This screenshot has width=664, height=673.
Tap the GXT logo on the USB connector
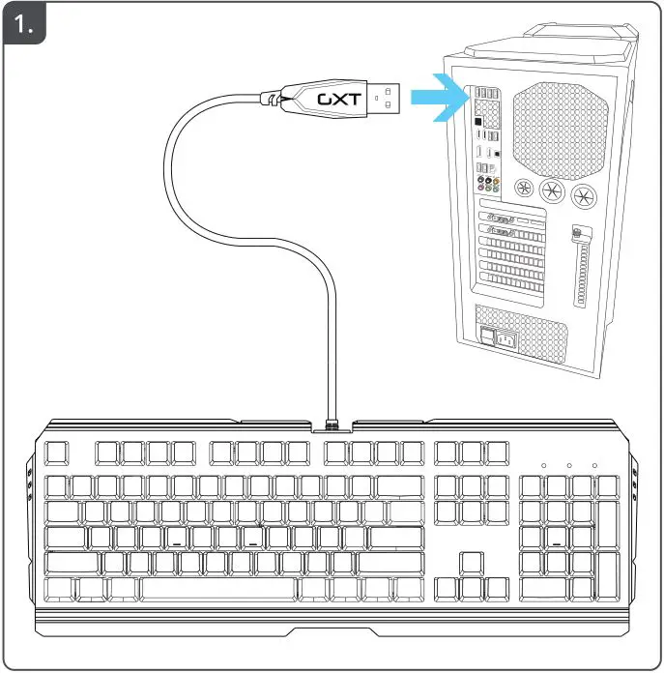336,98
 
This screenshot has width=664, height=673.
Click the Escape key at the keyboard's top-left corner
59,452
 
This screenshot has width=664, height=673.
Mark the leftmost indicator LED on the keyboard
544,466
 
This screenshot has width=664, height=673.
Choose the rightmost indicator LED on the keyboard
594,466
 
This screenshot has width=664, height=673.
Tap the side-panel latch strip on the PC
582,271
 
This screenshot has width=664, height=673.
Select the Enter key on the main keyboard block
397,538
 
